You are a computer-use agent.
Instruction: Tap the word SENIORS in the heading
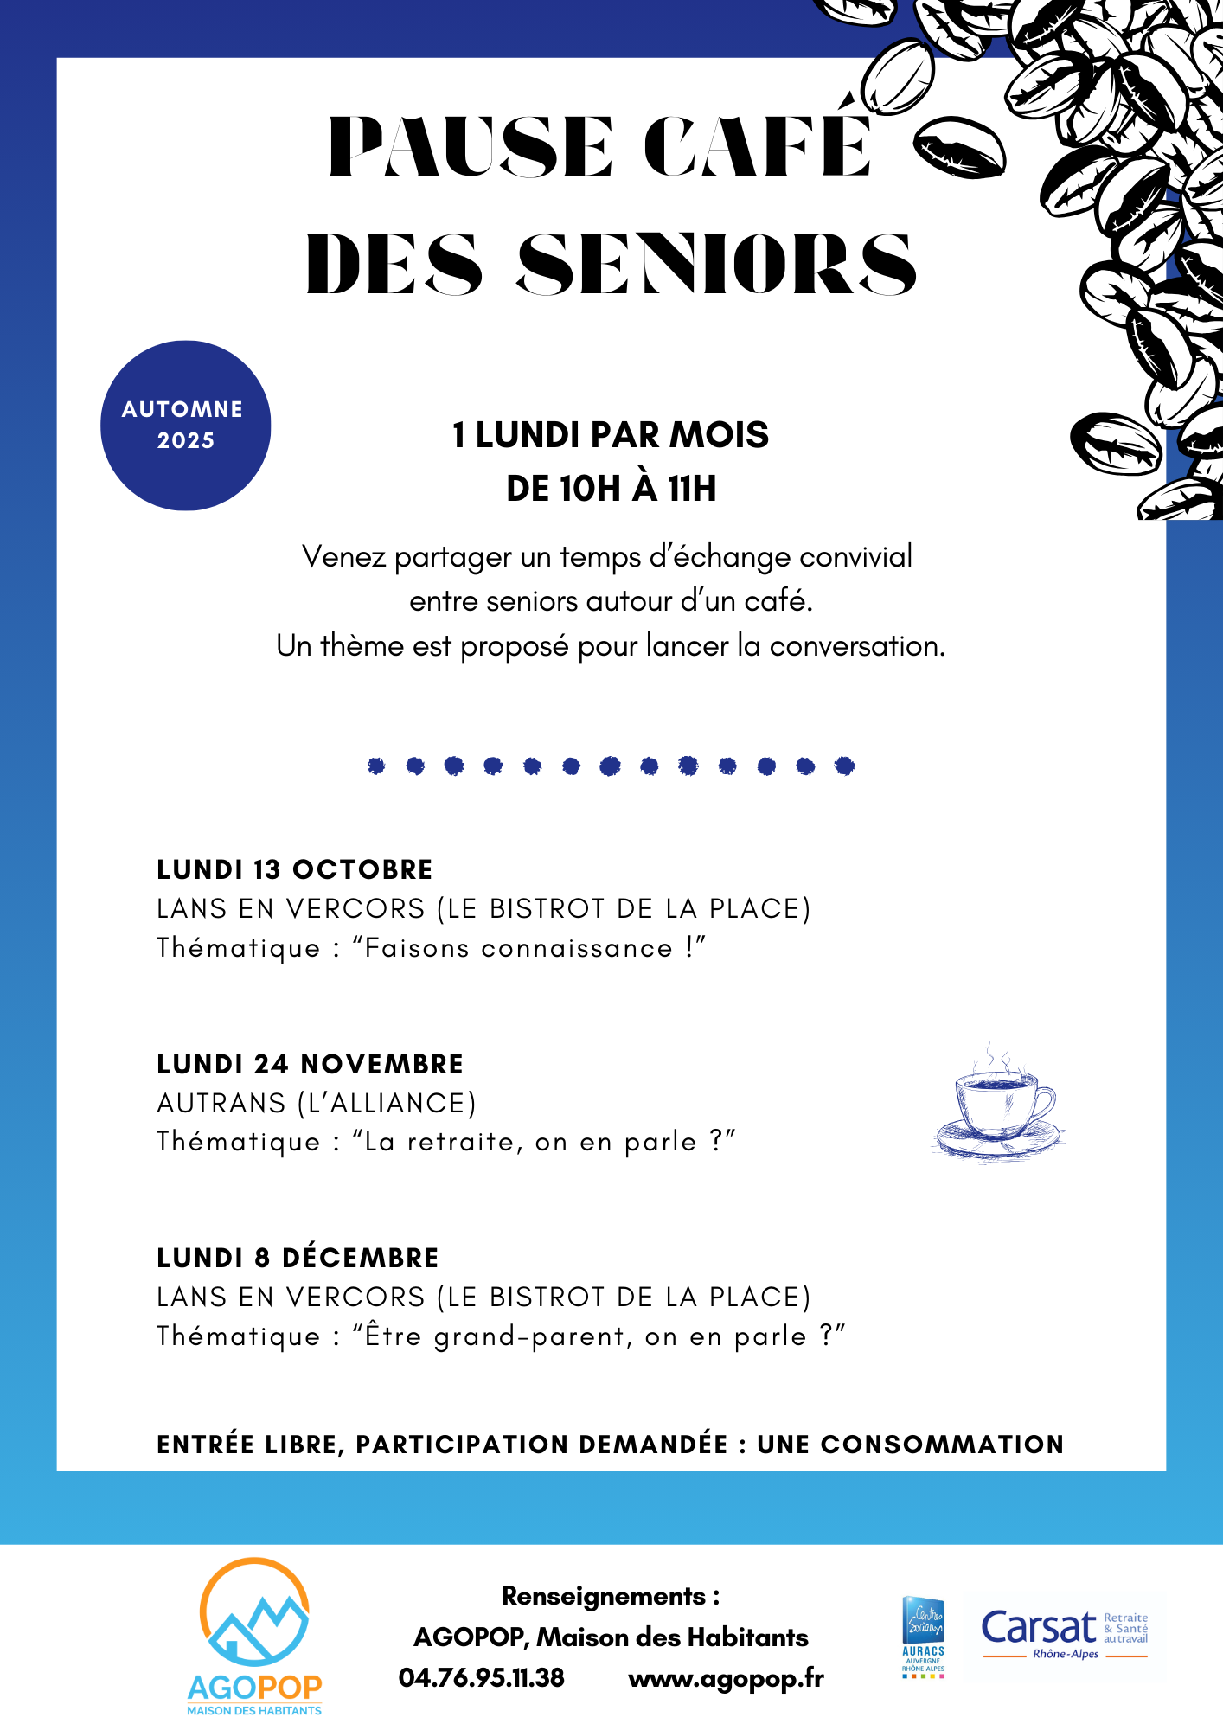716,264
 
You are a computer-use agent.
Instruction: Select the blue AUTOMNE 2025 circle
185,426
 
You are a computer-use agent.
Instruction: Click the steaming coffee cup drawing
999,1103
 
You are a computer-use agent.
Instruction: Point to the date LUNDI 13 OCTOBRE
295,869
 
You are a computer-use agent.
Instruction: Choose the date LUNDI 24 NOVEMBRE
311,1064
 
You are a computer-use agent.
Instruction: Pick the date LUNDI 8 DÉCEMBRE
298,1258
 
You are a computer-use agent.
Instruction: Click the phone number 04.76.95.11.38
481,1678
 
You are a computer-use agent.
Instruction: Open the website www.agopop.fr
726,1679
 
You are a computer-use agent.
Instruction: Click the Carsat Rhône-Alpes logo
1064,1634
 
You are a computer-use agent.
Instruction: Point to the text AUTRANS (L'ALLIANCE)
317,1103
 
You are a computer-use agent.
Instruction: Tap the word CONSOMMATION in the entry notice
942,1445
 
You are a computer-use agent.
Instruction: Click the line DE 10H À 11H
611,489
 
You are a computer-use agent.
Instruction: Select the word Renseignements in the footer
604,1596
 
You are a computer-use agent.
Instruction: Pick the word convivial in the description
855,557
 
